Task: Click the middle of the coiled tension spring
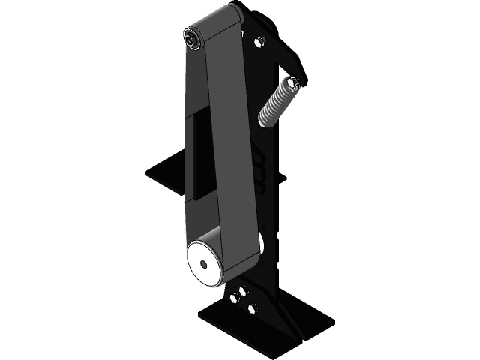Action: pyautogui.click(x=277, y=103)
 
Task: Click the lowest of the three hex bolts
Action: pyautogui.click(x=252, y=307)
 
